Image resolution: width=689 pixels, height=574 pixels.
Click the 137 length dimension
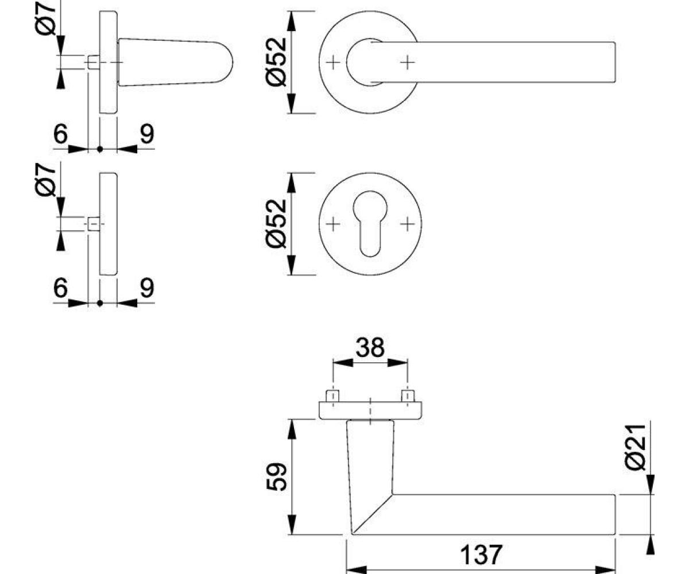481,555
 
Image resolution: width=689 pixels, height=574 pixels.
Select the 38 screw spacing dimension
370,347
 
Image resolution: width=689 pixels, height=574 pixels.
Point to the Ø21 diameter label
635,447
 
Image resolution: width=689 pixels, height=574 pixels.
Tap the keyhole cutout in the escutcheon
370,223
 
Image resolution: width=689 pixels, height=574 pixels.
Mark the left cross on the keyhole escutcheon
333,224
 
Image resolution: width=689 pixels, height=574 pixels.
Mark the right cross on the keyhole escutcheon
408,224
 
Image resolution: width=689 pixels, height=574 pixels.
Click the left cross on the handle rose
333,63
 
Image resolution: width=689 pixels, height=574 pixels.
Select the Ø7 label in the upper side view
45,18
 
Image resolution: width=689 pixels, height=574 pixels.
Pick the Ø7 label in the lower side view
45,180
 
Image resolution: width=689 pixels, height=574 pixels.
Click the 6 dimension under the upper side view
60,134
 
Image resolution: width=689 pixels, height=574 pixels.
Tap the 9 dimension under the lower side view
147,288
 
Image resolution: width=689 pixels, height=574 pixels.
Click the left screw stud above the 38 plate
332,396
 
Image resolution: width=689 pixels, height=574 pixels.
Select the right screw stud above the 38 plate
408,396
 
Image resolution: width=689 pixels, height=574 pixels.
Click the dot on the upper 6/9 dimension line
100,149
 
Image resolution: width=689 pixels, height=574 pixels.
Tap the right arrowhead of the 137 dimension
605,570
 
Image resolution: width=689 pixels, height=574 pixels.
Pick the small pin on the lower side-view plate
94,224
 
